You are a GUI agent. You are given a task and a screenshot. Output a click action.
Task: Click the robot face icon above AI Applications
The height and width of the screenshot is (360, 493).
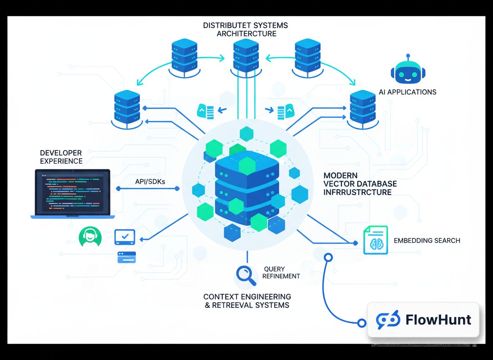click(x=408, y=71)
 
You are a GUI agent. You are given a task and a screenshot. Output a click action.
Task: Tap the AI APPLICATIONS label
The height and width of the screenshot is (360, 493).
click(x=408, y=92)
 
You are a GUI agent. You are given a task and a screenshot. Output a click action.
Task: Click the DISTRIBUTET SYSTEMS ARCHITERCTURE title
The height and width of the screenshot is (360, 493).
click(x=246, y=30)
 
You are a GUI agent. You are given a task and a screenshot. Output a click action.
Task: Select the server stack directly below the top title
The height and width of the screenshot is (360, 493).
click(x=246, y=56)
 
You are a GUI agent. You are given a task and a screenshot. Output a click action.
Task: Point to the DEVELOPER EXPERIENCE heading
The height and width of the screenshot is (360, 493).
click(x=61, y=157)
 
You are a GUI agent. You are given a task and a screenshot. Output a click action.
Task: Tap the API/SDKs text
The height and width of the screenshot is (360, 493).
click(x=149, y=182)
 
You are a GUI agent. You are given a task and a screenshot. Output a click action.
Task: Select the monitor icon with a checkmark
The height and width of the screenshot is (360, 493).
click(x=124, y=237)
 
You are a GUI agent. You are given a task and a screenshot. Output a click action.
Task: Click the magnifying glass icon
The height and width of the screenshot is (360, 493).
click(x=246, y=275)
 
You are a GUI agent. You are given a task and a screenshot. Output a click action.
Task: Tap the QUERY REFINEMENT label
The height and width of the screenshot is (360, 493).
click(x=281, y=272)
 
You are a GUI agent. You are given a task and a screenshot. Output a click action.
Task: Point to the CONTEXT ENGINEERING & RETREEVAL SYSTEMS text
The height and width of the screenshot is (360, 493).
click(x=247, y=301)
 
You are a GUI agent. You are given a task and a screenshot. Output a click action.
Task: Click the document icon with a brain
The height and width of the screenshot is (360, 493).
click(x=376, y=240)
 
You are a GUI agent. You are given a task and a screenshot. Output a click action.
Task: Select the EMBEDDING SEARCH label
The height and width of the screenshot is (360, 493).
click(x=427, y=240)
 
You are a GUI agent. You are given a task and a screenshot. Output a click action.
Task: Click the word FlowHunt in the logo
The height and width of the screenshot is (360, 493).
click(x=438, y=320)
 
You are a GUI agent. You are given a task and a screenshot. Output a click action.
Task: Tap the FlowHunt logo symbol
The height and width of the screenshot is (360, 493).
click(x=388, y=320)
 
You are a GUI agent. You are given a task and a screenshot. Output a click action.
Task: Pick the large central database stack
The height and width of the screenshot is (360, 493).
click(x=246, y=190)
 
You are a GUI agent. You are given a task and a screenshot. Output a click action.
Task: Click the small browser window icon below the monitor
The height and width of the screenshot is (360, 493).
click(x=127, y=257)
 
